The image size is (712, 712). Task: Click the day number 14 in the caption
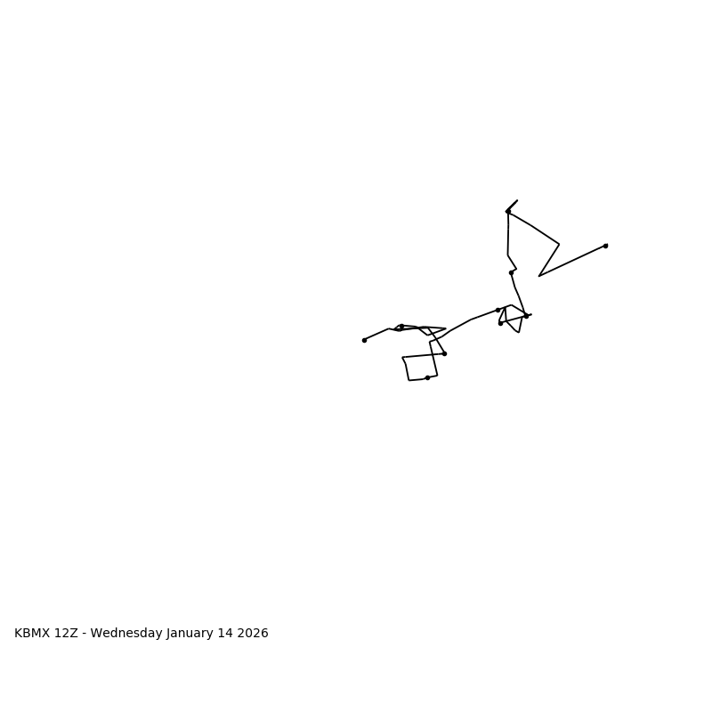click(x=231, y=634)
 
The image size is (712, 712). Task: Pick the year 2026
click(x=255, y=634)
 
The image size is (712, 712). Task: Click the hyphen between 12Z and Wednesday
click(x=85, y=634)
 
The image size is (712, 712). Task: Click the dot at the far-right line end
click(x=605, y=246)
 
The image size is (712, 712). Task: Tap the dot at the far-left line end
click(x=364, y=340)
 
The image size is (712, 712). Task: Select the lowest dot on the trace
click(x=427, y=378)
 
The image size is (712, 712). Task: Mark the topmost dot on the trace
click(x=508, y=212)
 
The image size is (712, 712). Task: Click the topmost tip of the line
click(x=517, y=200)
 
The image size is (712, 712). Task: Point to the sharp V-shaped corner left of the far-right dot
click(x=539, y=276)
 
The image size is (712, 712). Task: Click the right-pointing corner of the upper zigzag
click(x=559, y=244)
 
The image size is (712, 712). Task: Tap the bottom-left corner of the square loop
click(x=409, y=380)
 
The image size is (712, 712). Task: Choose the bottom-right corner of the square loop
click(x=437, y=375)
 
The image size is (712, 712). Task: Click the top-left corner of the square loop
click(x=402, y=358)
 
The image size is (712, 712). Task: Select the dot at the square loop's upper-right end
click(x=444, y=353)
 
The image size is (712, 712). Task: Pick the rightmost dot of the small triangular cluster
click(x=526, y=316)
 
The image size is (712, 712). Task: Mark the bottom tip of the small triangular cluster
click(x=519, y=332)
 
